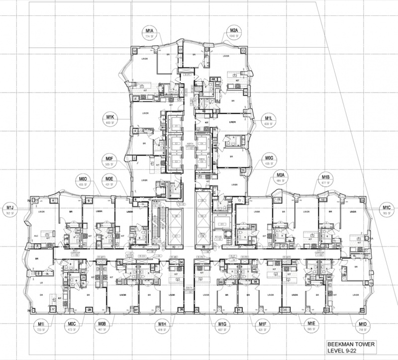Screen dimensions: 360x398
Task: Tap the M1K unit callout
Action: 110,119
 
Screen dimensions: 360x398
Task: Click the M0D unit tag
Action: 83,180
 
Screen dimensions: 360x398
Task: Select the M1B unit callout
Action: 326,180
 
